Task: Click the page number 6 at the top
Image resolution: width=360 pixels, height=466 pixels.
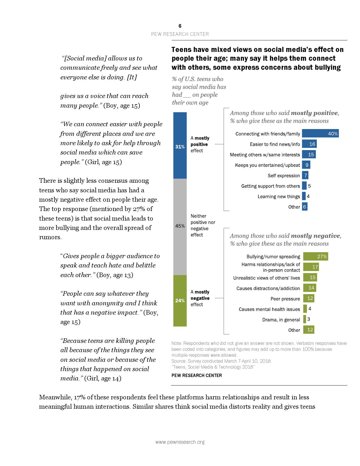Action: (180, 26)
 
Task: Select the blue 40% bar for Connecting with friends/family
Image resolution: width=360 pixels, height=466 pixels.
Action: (320, 134)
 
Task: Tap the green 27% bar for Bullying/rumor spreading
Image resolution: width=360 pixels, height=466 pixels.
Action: (315, 256)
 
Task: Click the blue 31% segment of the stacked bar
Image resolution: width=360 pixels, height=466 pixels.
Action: (180, 145)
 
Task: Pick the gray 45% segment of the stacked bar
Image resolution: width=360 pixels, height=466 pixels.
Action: (180, 227)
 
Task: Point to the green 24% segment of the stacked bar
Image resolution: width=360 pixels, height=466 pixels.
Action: (180, 300)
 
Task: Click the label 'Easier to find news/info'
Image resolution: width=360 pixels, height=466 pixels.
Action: (275, 144)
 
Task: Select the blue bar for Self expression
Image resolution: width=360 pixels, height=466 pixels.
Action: (305, 175)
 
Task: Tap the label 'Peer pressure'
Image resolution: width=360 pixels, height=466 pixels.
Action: (285, 299)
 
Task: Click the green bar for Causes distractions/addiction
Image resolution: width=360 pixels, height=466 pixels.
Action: (309, 288)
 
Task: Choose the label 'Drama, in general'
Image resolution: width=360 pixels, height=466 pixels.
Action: (281, 320)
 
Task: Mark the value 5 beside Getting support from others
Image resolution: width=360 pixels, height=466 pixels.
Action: (309, 186)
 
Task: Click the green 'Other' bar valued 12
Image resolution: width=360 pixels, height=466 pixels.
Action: (309, 330)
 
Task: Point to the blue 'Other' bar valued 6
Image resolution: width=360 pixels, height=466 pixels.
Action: (304, 207)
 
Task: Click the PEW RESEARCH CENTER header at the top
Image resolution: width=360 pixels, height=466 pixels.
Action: (180, 34)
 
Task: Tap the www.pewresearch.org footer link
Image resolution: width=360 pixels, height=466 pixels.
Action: (180, 442)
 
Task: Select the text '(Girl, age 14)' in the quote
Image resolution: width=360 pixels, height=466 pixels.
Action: (103, 378)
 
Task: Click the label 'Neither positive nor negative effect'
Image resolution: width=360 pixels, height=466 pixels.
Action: (203, 225)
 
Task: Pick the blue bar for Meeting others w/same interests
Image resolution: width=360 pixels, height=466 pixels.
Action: (309, 154)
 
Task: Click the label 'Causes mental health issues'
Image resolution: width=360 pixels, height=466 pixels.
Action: (269, 309)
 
